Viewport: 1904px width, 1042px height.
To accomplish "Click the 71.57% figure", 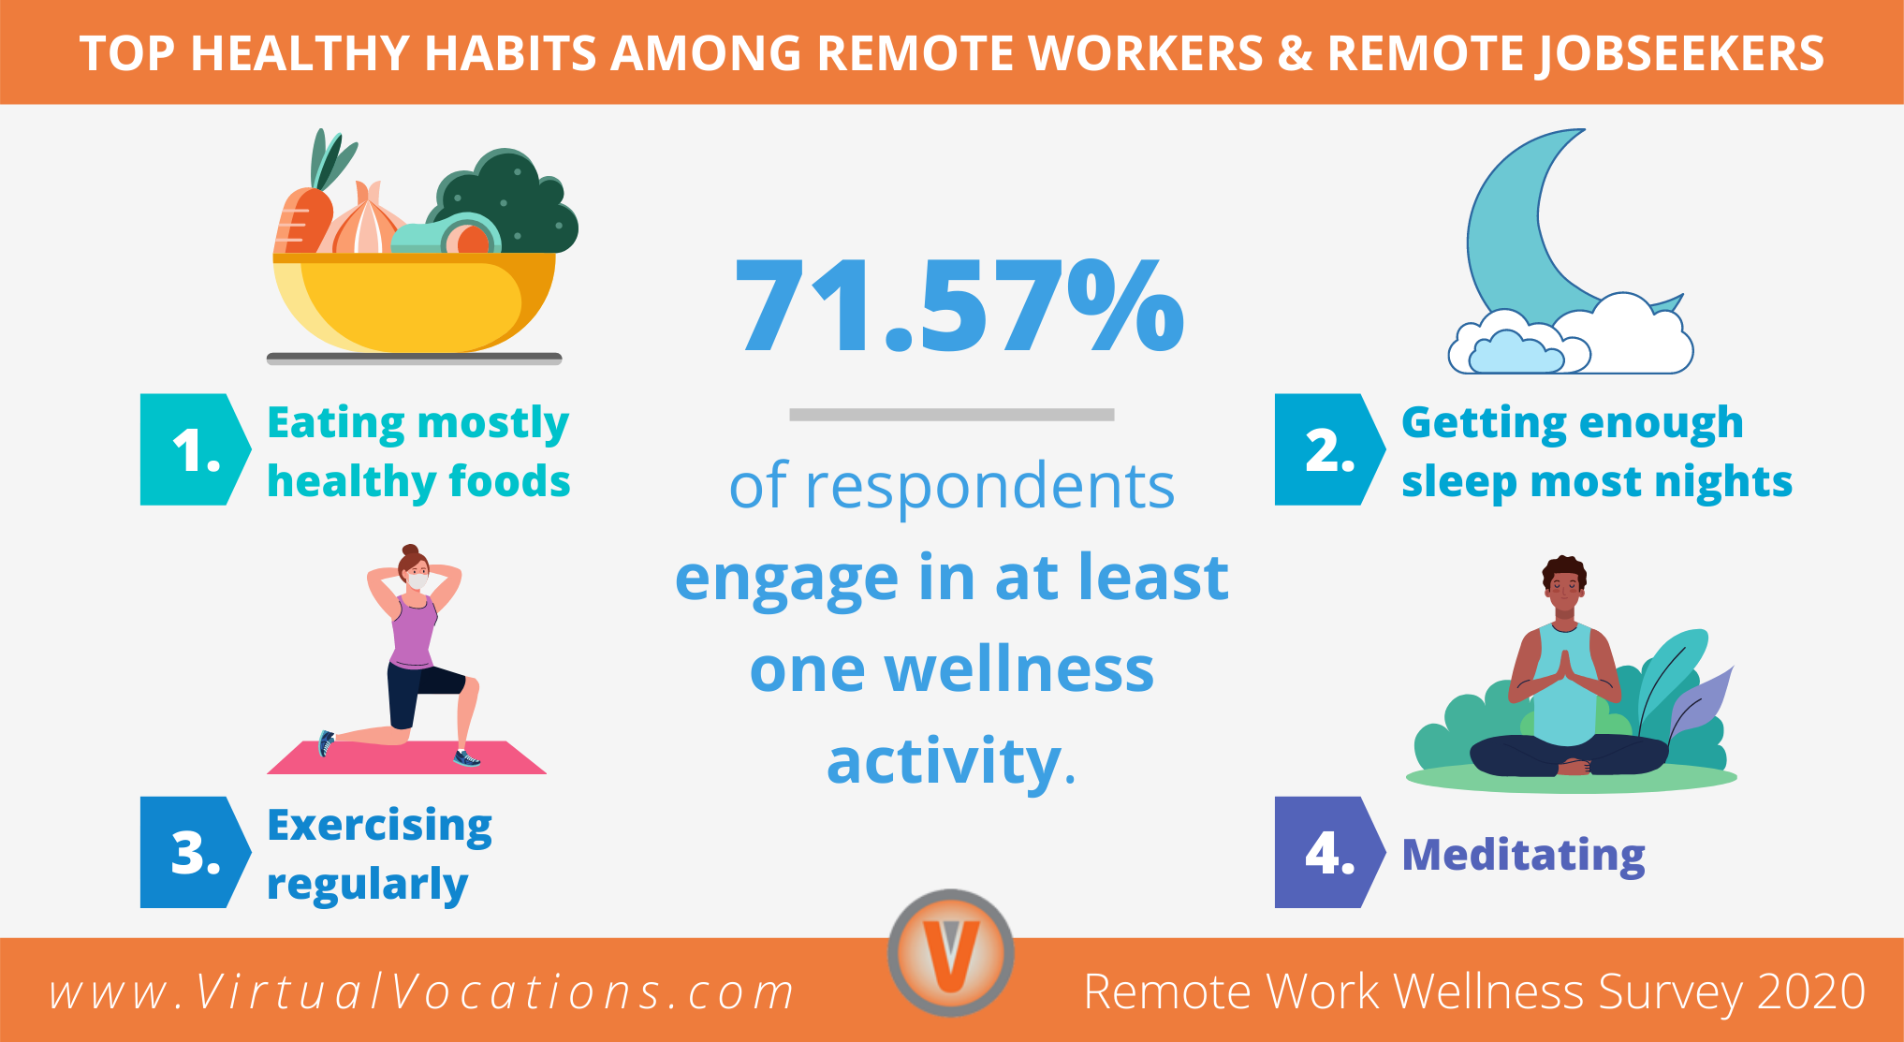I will (959, 307).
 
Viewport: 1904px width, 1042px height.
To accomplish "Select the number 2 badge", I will (1327, 450).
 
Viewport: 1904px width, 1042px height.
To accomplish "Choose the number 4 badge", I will (1327, 853).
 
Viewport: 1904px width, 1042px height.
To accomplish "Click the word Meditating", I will (1523, 855).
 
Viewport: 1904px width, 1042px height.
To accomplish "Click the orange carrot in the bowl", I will (301, 220).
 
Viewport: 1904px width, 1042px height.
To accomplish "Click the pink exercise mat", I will (407, 757).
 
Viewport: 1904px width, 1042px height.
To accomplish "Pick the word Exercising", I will (379, 826).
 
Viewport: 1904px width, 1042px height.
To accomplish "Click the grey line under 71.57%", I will (951, 415).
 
